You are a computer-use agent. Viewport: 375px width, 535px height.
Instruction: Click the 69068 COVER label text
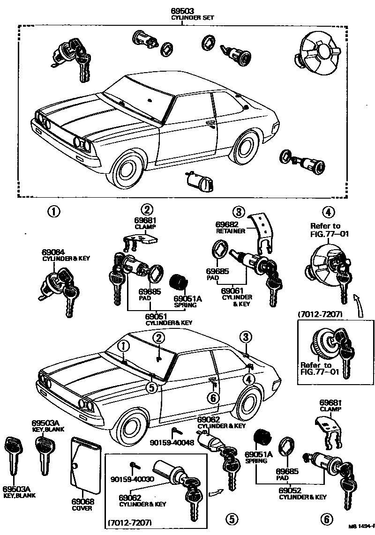pos(82,504)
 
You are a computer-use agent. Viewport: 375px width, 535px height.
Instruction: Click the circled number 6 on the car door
pos(213,398)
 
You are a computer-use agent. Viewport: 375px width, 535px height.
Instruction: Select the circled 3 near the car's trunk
pos(246,336)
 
